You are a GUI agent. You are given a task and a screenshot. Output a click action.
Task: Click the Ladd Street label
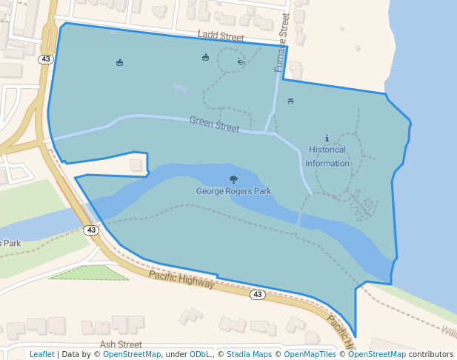click(221, 36)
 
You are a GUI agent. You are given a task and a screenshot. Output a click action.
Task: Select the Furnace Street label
click(281, 47)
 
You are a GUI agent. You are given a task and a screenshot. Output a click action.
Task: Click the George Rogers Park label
click(233, 191)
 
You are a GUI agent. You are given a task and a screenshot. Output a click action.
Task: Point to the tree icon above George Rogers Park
click(234, 179)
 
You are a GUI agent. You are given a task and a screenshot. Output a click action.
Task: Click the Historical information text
click(327, 156)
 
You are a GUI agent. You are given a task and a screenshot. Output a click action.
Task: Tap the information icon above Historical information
click(327, 139)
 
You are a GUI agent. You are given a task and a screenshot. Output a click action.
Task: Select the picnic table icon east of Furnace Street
click(290, 101)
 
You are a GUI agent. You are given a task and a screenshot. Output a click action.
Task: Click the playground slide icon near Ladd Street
click(240, 62)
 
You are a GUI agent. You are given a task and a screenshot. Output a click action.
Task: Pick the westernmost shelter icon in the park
click(120, 62)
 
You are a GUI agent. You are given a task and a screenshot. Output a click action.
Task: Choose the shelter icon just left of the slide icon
click(206, 58)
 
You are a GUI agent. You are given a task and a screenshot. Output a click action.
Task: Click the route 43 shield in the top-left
click(46, 59)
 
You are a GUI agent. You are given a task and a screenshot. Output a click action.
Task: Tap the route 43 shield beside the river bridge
click(91, 230)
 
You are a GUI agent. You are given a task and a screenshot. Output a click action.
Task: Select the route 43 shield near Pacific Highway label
click(257, 294)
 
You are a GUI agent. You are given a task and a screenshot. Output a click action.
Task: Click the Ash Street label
click(121, 344)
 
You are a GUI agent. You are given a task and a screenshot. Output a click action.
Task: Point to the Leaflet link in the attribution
click(41, 354)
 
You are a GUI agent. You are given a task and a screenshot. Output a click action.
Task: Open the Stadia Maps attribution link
click(249, 354)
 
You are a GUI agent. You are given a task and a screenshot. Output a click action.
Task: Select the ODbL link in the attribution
click(200, 354)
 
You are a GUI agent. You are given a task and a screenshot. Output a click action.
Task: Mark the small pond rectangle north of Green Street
click(180, 87)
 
